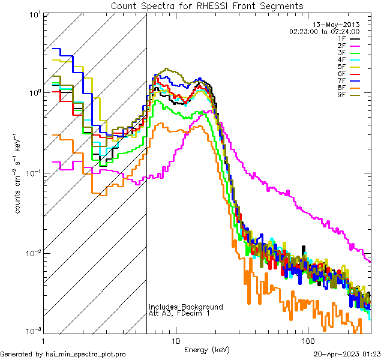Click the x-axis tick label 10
pos(175,340)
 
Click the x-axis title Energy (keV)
pos(207,349)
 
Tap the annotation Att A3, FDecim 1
pos(179,314)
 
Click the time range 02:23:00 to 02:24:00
pos(325,31)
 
